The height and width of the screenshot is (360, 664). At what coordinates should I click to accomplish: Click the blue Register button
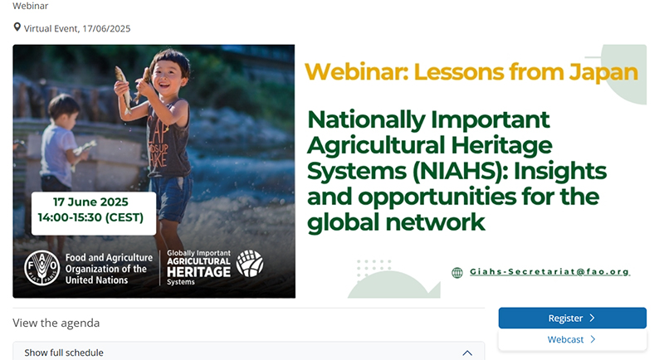pos(572,319)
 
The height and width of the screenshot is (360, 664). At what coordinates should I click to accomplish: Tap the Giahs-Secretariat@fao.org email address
pos(549,271)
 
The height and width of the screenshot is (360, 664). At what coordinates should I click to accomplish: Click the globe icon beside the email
pos(457,273)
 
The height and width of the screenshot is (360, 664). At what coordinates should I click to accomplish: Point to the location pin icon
pos(17,27)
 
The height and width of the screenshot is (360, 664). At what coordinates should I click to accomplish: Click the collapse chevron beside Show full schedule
pos(467,353)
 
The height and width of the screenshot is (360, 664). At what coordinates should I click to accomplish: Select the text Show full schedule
pos(64,353)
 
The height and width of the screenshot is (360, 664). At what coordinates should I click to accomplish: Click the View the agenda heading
pos(56,324)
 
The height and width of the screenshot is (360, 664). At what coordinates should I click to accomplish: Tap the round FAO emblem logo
pos(42,268)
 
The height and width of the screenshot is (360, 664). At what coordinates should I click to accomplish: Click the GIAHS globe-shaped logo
pos(250,263)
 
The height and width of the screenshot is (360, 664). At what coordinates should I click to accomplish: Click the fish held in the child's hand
pos(124,88)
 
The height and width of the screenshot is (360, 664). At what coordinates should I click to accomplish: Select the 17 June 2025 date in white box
pos(90,202)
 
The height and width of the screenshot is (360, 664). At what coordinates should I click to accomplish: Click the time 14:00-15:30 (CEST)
pos(90,217)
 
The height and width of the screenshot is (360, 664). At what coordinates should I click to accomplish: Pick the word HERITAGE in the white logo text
pos(198,272)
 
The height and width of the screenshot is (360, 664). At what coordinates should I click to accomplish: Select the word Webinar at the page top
pos(31,6)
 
